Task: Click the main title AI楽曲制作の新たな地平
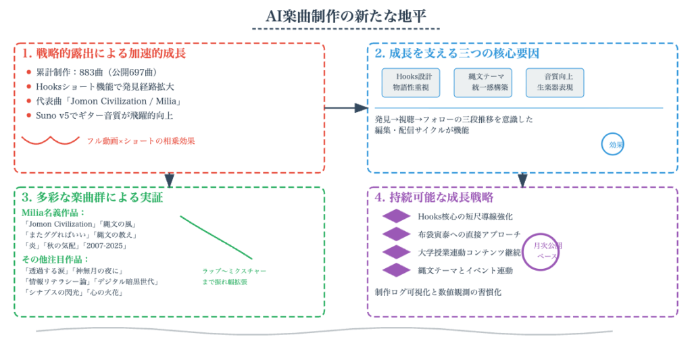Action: coord(345,16)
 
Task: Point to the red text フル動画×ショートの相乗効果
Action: coord(141,141)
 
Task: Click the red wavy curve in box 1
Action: coord(51,140)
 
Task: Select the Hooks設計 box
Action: coord(410,82)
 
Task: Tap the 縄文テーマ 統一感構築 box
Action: coord(483,82)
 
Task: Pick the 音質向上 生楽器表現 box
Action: coord(555,82)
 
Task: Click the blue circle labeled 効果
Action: coord(613,144)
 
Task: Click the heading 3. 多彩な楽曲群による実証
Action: coord(92,198)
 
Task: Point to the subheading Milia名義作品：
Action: coord(54,213)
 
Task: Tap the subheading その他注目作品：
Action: coord(56,259)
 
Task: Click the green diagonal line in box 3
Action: coord(216,237)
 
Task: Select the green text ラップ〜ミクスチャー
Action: coord(234,271)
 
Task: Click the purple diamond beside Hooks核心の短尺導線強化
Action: coord(397,216)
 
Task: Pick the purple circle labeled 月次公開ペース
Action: coord(547,251)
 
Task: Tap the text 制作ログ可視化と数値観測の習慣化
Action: coord(438,292)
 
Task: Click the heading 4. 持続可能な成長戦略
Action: coord(434,198)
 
